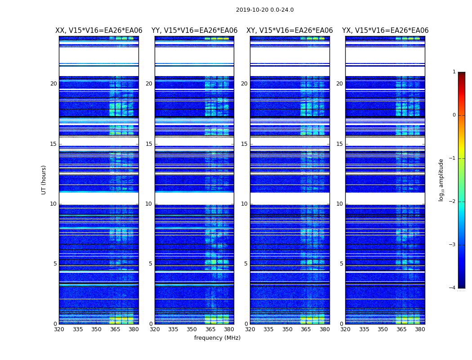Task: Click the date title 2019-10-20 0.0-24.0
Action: pos(265,10)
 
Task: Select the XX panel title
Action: pos(99,31)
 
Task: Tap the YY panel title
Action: pos(194,31)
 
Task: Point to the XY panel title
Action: pos(289,31)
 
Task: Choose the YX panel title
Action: pos(385,31)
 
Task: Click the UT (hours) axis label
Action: pos(44,180)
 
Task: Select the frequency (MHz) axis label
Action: pos(217,338)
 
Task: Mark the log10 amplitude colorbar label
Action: pos(441,180)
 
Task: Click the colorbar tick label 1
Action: pos(454,72)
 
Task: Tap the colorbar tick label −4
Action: pos(452,288)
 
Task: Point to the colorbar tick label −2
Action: pos(452,202)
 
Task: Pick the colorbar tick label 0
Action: pos(454,115)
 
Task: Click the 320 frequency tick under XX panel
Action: pos(59,329)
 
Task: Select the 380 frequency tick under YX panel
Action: pos(420,329)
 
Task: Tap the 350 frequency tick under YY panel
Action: pos(192,329)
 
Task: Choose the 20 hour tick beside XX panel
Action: pos(53,84)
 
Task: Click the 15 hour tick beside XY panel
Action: pos(245,144)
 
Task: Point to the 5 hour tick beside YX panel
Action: pos(341,264)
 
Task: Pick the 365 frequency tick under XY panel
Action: pos(306,329)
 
